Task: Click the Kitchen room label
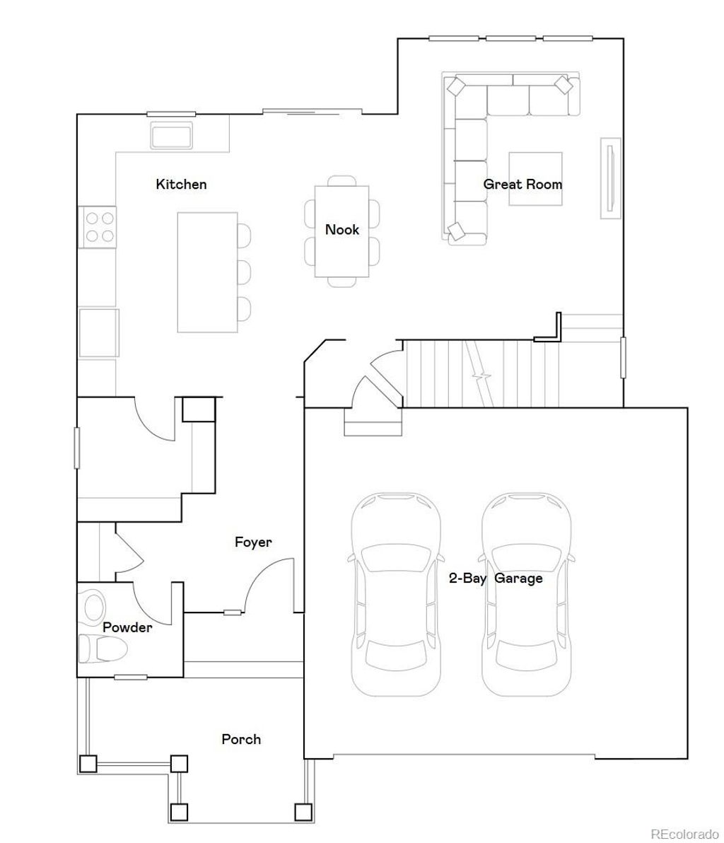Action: [181, 185]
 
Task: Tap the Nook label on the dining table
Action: [342, 230]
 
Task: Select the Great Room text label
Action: [522, 185]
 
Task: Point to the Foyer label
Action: [253, 542]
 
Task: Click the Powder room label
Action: [127, 627]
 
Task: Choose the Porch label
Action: [241, 740]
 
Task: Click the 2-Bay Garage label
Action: [496, 579]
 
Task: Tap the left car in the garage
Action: [396, 594]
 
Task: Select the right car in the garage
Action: [527, 594]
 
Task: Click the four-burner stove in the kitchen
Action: [98, 227]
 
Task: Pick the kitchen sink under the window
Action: [172, 135]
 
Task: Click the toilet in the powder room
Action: [102, 649]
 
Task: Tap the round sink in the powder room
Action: [93, 607]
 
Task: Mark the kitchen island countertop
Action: [206, 272]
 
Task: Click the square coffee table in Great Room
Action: [535, 179]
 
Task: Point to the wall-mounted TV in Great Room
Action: [610, 178]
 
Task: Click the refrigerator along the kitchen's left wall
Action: [98, 332]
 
